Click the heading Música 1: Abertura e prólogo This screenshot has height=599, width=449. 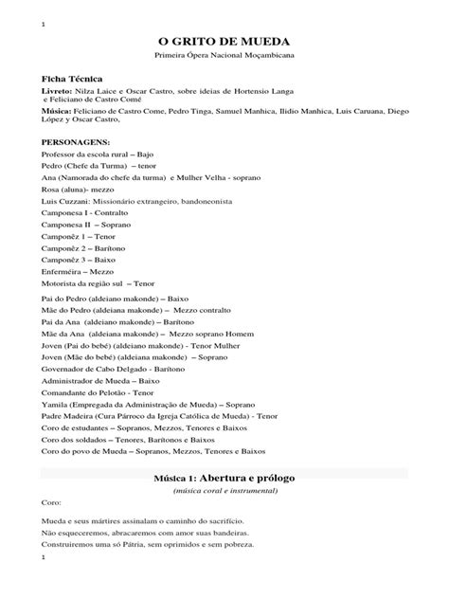[x=224, y=479]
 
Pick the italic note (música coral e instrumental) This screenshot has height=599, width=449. [x=224, y=493]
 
